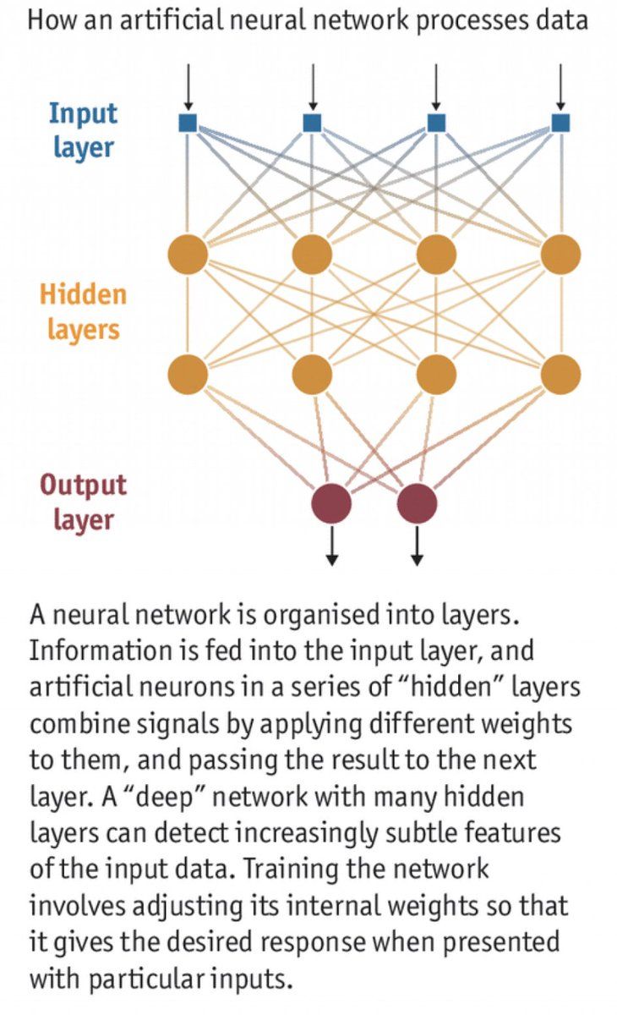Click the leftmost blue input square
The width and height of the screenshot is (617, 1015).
(188, 123)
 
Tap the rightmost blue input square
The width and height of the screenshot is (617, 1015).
(560, 123)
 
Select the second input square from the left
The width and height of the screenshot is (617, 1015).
(312, 123)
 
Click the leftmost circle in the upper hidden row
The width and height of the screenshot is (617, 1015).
(188, 254)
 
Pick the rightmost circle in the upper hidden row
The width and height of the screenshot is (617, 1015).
(560, 254)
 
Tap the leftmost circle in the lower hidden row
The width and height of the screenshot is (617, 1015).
(188, 373)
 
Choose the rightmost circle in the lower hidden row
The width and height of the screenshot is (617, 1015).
(560, 373)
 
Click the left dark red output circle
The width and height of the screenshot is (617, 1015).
(331, 503)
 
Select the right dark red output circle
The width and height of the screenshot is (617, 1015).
(417, 503)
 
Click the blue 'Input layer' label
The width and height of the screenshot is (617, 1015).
(83, 130)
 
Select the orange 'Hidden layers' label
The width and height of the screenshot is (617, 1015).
(83, 311)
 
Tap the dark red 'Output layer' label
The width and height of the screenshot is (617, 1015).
(83, 502)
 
